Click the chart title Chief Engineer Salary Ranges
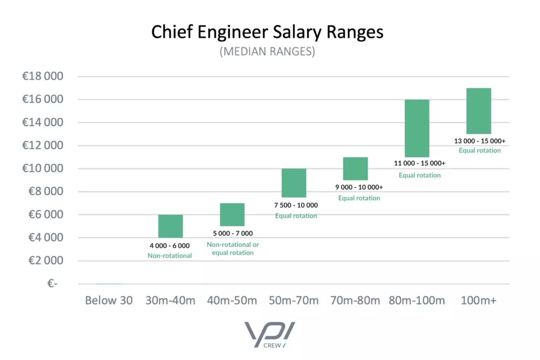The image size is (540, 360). click(x=267, y=32)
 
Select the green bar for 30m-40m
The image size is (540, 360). click(x=170, y=226)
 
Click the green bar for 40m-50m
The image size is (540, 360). click(x=232, y=215)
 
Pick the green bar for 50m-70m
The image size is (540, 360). click(x=294, y=183)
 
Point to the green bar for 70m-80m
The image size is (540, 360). click(x=355, y=169)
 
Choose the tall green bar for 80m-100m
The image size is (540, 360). click(x=417, y=128)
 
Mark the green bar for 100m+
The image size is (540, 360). click(x=478, y=111)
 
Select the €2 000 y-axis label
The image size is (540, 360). click(x=43, y=261)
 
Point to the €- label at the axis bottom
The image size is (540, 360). click(x=52, y=283)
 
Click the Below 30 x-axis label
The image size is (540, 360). click(x=109, y=301)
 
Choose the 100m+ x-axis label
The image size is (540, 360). click(x=478, y=301)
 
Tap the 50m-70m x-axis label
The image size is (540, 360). click(x=294, y=301)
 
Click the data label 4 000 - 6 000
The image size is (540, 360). click(x=170, y=246)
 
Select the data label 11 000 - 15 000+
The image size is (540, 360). click(x=420, y=163)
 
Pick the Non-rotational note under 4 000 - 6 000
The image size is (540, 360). click(x=170, y=256)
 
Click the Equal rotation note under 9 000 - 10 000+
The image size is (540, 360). click(x=359, y=198)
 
